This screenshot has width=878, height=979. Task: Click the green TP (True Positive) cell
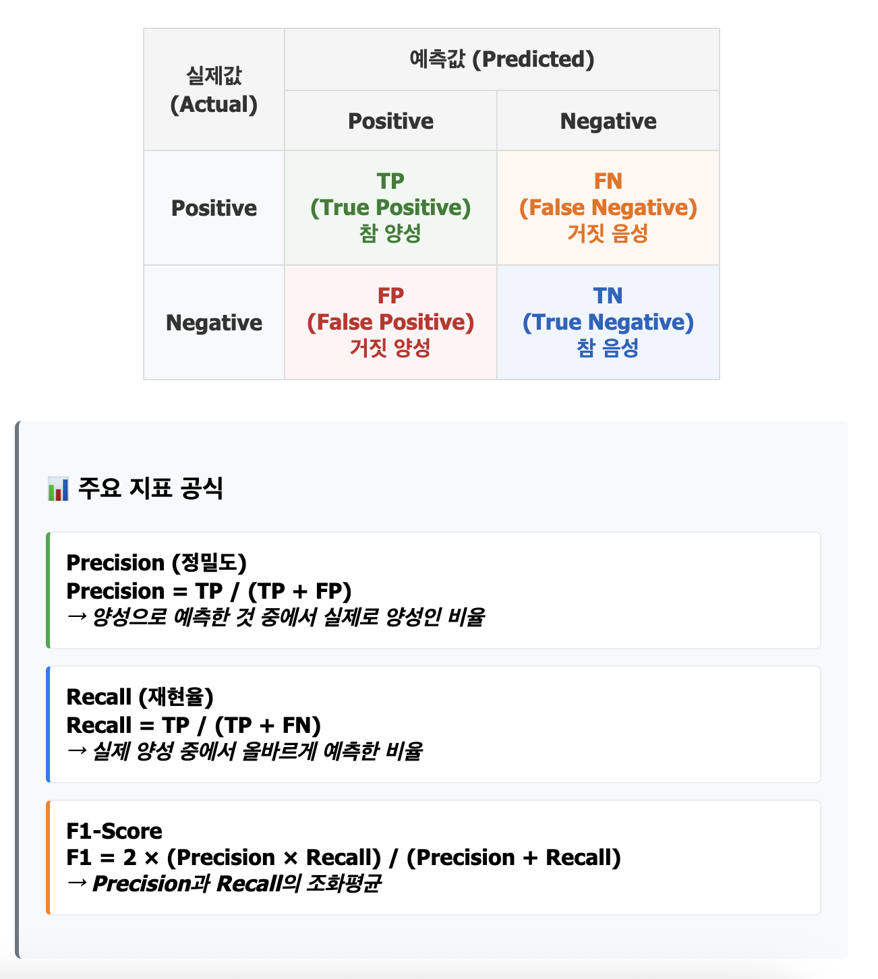coord(390,207)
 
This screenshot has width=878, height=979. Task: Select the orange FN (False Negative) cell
coord(608,207)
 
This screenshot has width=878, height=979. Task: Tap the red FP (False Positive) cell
coord(390,322)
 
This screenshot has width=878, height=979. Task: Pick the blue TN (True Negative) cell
coord(608,322)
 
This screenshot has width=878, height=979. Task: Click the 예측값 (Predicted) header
coord(502,59)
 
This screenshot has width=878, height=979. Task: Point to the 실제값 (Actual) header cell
coord(214,90)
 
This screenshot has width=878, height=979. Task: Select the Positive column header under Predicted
coord(390,121)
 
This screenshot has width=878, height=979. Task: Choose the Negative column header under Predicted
coord(608,121)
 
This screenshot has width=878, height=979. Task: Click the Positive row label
coord(214,208)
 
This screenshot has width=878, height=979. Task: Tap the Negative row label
coord(214,322)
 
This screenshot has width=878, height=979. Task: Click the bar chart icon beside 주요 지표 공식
coord(58,489)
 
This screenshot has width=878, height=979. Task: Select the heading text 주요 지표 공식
coord(150,487)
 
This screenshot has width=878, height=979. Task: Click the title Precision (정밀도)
coord(156,562)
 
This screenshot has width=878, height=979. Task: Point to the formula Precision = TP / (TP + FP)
coord(209,591)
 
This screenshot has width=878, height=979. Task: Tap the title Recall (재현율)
coord(140,696)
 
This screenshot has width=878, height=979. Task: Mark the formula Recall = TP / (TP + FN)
coord(194,725)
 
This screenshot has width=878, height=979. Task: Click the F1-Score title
coord(114,831)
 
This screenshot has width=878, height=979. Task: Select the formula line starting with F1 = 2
coord(343,857)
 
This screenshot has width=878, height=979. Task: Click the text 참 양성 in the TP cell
coord(390,233)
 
